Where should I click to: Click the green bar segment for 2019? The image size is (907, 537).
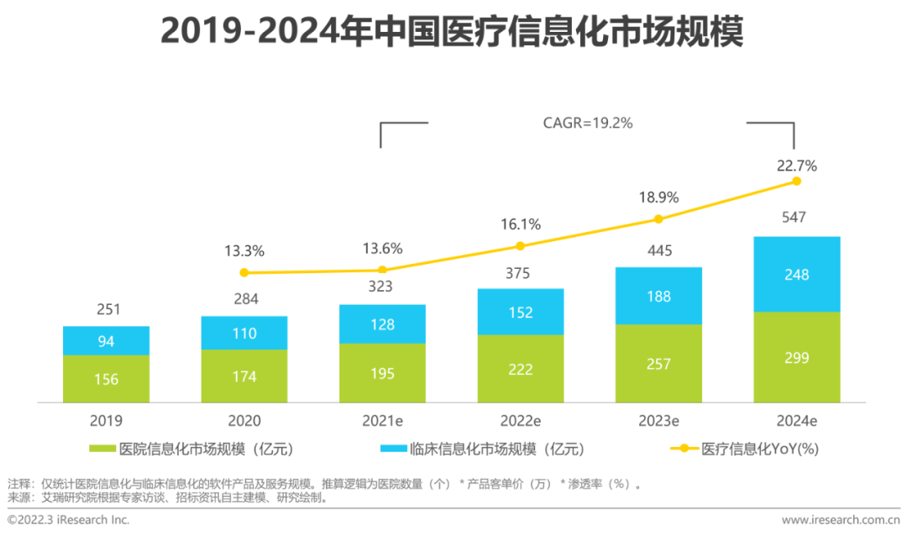pyautogui.click(x=106, y=379)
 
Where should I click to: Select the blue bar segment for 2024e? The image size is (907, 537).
pyautogui.click(x=797, y=274)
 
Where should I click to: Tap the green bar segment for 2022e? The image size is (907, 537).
pyautogui.click(x=521, y=369)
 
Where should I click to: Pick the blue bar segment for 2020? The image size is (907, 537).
pyautogui.click(x=244, y=333)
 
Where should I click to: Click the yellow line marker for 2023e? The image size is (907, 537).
pyautogui.click(x=658, y=218)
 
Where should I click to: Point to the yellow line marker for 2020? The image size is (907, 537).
pyautogui.click(x=244, y=272)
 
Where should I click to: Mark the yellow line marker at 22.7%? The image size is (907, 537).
pyautogui.click(x=796, y=181)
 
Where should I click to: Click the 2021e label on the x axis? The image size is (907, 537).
pyautogui.click(x=382, y=421)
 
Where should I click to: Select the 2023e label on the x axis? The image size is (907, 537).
pyautogui.click(x=658, y=421)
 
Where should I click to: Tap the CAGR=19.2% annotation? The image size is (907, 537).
pyautogui.click(x=588, y=123)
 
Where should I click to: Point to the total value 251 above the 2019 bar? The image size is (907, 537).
pyautogui.click(x=107, y=309)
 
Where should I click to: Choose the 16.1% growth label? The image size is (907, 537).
pyautogui.click(x=521, y=224)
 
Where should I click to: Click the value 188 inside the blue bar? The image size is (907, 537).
pyautogui.click(x=658, y=296)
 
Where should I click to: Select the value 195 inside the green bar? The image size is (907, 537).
pyautogui.click(x=382, y=373)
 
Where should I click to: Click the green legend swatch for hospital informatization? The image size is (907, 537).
pyautogui.click(x=104, y=449)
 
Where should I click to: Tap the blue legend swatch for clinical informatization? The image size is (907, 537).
pyautogui.click(x=394, y=449)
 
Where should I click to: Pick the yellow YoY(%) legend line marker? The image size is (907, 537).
pyautogui.click(x=684, y=449)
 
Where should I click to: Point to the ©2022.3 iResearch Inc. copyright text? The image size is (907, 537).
pyautogui.click(x=69, y=520)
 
